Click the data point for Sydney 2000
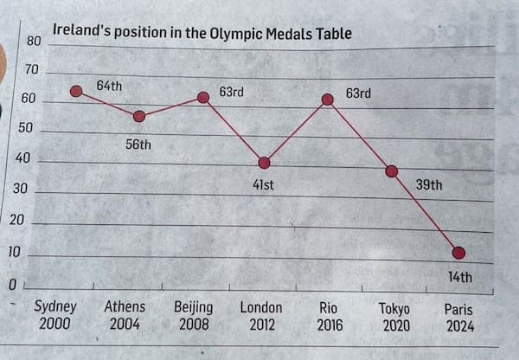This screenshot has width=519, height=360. (x=76, y=91)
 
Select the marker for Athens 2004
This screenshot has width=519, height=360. (x=139, y=116)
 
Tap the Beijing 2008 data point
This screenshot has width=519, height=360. (x=203, y=97)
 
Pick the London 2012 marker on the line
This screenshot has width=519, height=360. (x=265, y=162)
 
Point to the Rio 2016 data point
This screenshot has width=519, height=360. (x=328, y=99)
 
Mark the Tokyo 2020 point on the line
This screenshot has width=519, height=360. (x=391, y=170)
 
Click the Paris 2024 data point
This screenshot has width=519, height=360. (x=458, y=253)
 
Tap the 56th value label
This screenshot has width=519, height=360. (x=138, y=145)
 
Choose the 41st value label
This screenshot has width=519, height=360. (x=263, y=184)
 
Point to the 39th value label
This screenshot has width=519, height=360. (x=429, y=184)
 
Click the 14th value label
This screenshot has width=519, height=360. (x=459, y=277)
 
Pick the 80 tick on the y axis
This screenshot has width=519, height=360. (x=34, y=41)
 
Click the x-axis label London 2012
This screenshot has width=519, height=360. (x=261, y=316)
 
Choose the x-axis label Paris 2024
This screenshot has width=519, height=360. (x=458, y=318)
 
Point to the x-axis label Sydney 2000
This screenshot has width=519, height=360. (x=55, y=315)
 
